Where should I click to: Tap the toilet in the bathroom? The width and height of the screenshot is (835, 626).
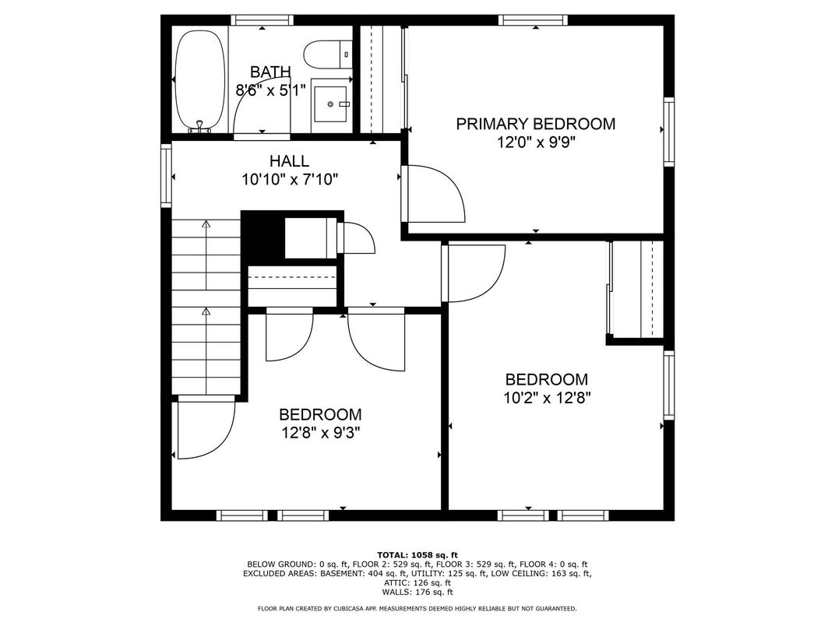(327, 55)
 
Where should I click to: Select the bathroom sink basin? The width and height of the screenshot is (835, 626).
(330, 104)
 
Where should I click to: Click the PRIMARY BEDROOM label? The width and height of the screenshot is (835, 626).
(535, 124)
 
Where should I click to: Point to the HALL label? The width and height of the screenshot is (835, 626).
(289, 160)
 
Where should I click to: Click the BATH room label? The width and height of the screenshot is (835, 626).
(270, 72)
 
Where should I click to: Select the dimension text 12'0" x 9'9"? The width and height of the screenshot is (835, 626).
(537, 142)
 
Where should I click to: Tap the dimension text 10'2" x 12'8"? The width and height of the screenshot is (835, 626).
(547, 398)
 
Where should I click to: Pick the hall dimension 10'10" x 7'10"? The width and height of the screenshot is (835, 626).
(291, 180)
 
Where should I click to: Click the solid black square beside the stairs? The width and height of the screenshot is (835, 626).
(262, 236)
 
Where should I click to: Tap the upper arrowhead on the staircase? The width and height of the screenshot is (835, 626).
(206, 223)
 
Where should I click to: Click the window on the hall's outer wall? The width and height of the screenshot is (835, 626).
(166, 176)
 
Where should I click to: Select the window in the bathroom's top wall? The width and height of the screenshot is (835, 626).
(262, 20)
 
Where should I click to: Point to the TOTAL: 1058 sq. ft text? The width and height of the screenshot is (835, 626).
(417, 554)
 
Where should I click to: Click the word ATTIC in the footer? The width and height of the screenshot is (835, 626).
(395, 583)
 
